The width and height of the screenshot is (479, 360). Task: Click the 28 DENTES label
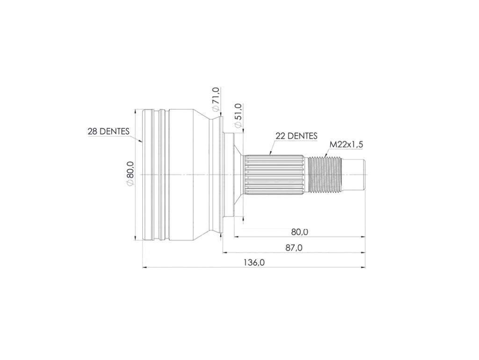[x=109, y=131]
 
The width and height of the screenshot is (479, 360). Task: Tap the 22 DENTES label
[x=296, y=136]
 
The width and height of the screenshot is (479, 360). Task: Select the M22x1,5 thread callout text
[x=347, y=144]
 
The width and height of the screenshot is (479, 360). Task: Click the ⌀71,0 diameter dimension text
[x=215, y=100]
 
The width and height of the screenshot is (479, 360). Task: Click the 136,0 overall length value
[x=254, y=262]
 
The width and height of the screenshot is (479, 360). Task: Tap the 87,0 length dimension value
[x=294, y=248]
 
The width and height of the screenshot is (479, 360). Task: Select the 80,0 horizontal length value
[x=300, y=232]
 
